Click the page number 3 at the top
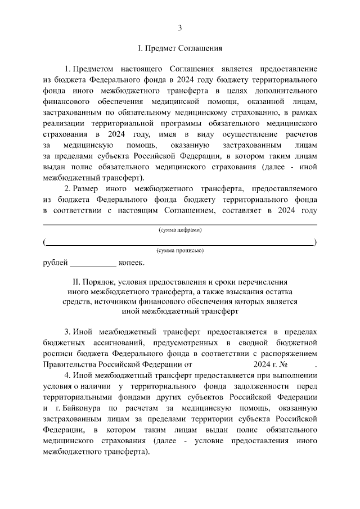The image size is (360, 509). point(180,28)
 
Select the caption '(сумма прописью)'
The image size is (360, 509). point(180,250)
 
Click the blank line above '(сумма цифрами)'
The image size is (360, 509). point(180,224)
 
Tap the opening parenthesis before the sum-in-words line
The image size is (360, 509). point(44,242)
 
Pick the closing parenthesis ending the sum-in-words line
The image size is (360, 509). point(316,242)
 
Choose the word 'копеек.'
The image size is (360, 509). point(132,262)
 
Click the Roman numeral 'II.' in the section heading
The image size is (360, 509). point(78,281)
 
